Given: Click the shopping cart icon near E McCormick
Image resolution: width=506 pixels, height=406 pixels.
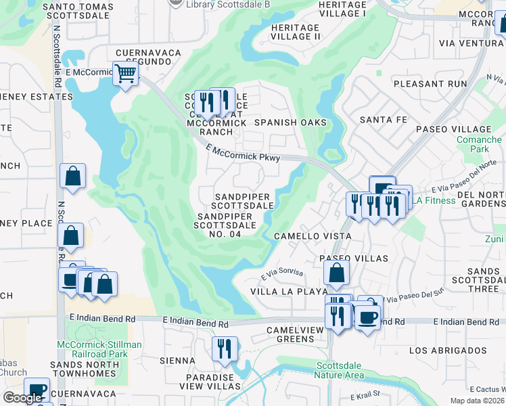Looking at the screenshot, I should point(125,73).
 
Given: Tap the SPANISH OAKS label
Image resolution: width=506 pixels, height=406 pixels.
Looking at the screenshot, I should point(290,122).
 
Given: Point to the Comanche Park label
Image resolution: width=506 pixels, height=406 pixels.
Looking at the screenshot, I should point(479,144).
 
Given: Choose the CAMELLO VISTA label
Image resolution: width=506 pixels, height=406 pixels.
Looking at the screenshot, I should point(312,236).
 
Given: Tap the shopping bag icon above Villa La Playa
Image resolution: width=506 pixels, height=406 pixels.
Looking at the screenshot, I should point(336,273).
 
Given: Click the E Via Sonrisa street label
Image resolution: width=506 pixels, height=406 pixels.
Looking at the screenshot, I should point(281,274).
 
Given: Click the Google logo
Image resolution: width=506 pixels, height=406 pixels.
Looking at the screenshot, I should point(22,398).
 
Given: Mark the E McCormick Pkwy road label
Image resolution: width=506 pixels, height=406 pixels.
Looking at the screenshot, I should point(244,153).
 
